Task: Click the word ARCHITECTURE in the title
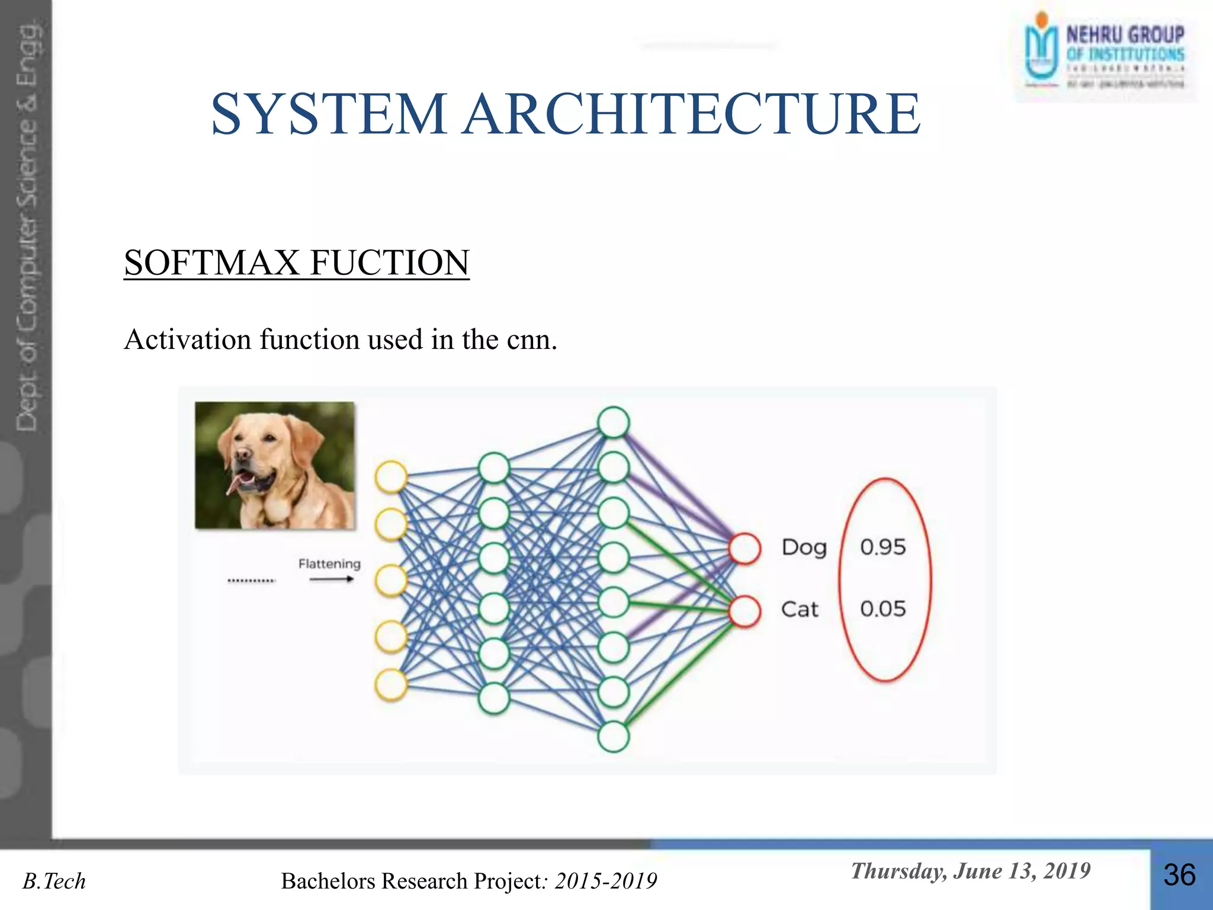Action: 691,114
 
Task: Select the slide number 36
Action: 1179,876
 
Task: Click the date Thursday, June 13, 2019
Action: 970,871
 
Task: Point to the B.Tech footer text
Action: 54,882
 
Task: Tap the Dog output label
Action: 803,547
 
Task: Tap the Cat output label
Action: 799,609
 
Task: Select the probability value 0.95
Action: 883,547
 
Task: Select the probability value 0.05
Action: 883,609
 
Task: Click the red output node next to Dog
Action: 745,548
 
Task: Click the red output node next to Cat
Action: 745,611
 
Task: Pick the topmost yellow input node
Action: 391,476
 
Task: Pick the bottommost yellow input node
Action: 391,685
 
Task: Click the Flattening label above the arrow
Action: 329,563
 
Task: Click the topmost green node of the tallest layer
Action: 613,422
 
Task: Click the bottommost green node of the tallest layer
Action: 613,736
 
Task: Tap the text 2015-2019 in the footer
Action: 605,882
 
